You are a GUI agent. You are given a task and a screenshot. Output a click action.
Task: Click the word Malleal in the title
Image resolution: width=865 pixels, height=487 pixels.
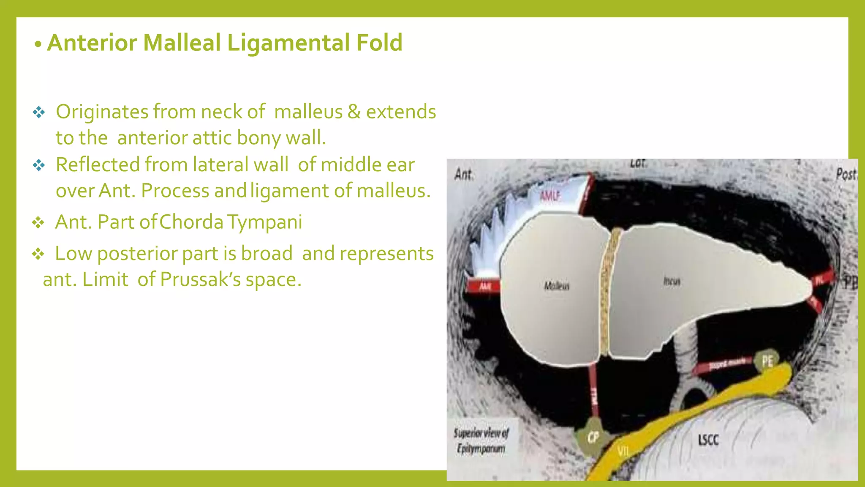click(x=182, y=43)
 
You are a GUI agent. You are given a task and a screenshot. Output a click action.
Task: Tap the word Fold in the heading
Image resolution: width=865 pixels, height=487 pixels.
click(x=379, y=43)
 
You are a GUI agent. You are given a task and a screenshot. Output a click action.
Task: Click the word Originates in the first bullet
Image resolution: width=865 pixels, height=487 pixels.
click(x=102, y=112)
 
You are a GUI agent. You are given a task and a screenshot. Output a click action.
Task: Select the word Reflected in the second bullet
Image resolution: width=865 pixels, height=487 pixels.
click(x=98, y=165)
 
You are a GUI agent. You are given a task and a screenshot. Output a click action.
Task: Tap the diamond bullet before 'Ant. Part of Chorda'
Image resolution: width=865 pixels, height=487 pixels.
click(x=38, y=222)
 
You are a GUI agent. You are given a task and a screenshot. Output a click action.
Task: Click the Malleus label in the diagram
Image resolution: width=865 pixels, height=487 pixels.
click(x=556, y=286)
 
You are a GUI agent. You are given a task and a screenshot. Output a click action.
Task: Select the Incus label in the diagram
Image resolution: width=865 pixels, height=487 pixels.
click(x=672, y=281)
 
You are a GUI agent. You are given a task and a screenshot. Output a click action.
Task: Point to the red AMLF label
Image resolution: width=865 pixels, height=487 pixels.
click(x=550, y=196)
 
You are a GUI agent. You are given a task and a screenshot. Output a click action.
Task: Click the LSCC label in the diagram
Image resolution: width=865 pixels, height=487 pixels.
click(x=708, y=440)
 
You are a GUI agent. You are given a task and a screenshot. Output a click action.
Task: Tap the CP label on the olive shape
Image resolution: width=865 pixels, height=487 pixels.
click(x=593, y=437)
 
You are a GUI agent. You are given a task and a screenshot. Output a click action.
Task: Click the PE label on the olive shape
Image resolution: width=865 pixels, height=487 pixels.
click(x=767, y=361)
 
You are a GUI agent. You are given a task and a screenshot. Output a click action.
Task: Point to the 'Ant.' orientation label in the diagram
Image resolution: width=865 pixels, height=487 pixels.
click(x=464, y=174)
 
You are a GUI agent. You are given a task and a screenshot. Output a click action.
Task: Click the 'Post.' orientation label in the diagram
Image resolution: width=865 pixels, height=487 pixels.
click(x=846, y=174)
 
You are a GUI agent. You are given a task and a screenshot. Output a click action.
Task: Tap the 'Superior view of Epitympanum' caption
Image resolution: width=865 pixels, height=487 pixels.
click(x=481, y=440)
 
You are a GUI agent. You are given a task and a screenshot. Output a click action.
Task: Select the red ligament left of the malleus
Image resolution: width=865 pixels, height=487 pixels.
click(x=484, y=287)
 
